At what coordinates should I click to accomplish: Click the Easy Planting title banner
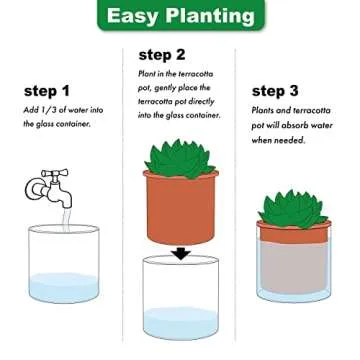(x=180, y=18)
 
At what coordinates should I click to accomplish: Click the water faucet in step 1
(x=46, y=185)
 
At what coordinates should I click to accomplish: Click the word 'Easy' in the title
(x=130, y=18)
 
